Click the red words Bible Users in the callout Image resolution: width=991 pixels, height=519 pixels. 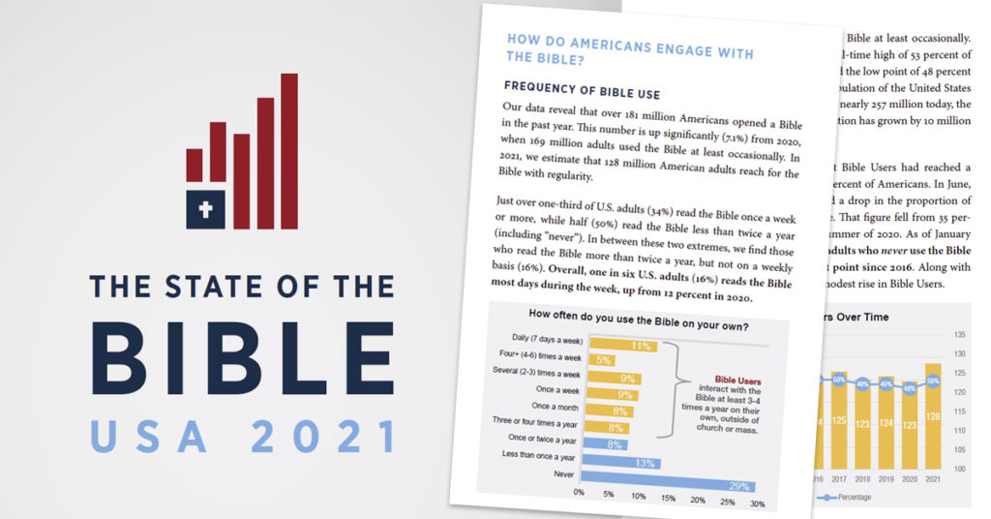coord(738,381)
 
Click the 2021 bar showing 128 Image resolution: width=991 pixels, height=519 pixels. coord(933,416)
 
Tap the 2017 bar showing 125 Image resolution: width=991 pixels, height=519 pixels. coord(838,421)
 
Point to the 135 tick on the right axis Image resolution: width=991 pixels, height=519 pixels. coord(960,335)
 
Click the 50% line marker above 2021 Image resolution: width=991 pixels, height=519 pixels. coord(933,381)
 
